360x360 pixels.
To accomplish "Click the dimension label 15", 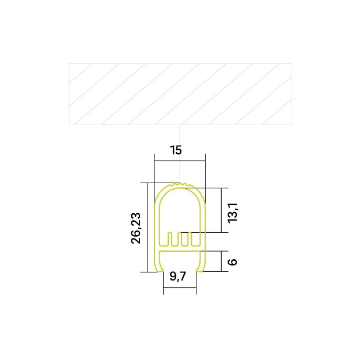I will (176, 150).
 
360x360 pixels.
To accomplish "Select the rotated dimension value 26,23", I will (136, 228).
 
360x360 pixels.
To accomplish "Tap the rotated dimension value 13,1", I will (232, 213).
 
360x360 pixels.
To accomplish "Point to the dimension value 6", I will (232, 262).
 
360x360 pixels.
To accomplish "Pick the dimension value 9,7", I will (179, 277).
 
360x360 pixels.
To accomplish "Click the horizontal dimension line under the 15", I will (180, 161).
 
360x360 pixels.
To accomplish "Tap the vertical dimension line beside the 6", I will (222, 260).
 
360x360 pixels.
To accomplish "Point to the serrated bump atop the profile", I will (181, 185).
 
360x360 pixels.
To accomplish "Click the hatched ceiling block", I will (180, 93).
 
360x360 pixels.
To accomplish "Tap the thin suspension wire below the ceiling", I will (181, 153).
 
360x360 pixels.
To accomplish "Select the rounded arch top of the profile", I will (180, 190).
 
